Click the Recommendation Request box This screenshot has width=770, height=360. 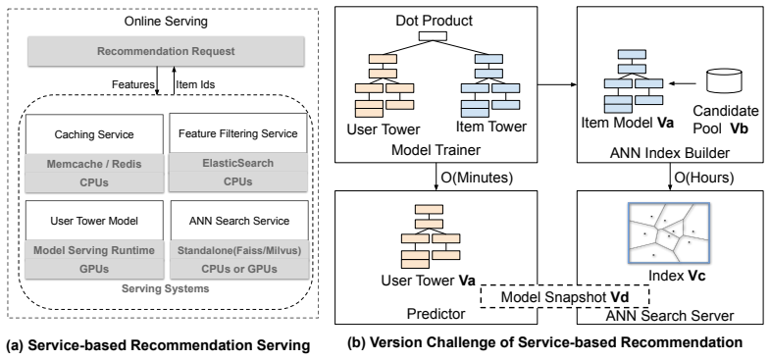click(166, 52)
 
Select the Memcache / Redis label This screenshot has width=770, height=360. click(94, 164)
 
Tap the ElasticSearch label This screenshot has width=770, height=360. click(238, 163)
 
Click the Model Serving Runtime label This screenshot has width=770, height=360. click(94, 250)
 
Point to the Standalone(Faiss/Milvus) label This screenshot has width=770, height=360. click(239, 250)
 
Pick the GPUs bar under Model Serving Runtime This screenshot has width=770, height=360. click(94, 269)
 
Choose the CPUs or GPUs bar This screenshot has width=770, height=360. click(239, 269)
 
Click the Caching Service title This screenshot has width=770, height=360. click(94, 134)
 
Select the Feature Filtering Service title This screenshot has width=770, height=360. click(238, 133)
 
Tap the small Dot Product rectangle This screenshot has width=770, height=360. click(433, 35)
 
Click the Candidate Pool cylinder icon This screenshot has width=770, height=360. click(723, 80)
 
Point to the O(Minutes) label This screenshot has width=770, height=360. click(477, 178)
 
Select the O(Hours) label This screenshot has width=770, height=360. click(704, 178)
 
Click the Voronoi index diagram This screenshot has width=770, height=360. click(669, 232)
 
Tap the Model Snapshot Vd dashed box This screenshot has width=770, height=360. click(565, 296)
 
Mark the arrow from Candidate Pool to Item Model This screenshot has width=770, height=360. click(683, 83)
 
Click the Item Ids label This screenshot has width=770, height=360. click(195, 84)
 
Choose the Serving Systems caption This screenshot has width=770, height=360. click(166, 288)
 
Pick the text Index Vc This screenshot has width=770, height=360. click(677, 276)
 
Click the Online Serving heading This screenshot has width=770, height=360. click(166, 22)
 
